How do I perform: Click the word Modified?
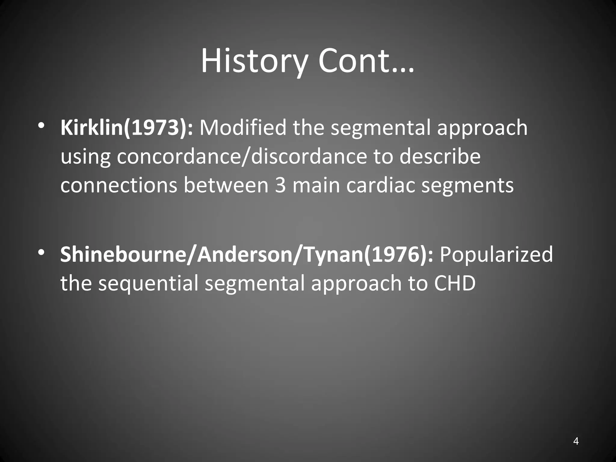(x=243, y=128)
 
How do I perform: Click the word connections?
(x=119, y=185)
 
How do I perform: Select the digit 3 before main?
(x=280, y=185)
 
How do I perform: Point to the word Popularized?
(x=496, y=254)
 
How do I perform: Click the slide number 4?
(x=576, y=441)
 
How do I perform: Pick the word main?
(x=316, y=185)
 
